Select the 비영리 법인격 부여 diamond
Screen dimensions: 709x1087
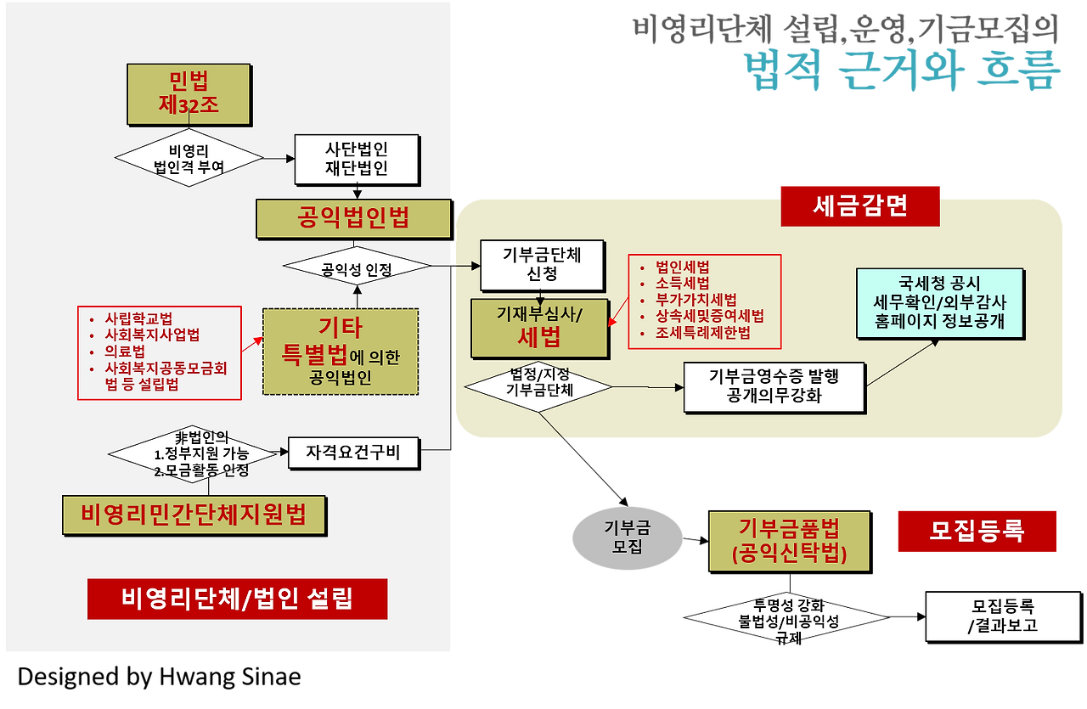click(x=189, y=158)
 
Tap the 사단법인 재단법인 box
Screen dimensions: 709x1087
click(x=357, y=159)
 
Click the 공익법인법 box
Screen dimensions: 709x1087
click(x=353, y=218)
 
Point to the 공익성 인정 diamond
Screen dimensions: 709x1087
click(x=357, y=269)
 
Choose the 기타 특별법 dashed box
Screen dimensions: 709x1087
click(x=341, y=352)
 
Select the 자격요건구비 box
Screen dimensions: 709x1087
click(x=353, y=453)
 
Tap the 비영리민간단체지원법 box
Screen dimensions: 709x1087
click(x=194, y=515)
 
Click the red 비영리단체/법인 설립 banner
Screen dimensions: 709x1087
click(x=237, y=599)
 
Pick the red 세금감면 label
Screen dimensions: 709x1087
click(x=859, y=205)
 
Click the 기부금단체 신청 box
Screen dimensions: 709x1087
click(x=542, y=265)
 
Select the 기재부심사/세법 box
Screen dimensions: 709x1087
click(x=539, y=329)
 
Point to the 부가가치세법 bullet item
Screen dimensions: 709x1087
click(x=696, y=300)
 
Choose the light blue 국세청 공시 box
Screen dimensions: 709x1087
click(x=939, y=302)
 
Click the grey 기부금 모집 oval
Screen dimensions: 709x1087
click(x=627, y=537)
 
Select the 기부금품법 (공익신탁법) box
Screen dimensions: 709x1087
click(x=789, y=541)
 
